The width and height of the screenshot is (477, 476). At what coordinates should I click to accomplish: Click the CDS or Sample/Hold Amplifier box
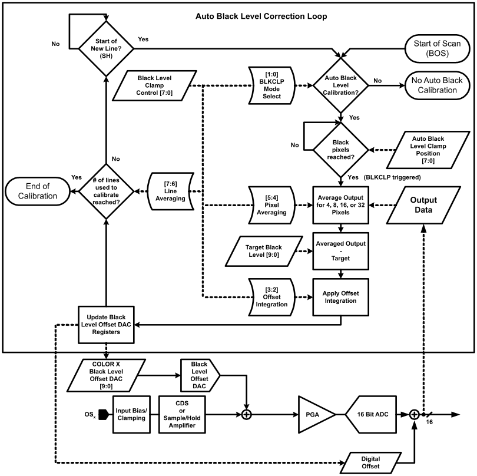182,415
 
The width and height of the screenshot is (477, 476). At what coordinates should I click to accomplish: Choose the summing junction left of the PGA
247,415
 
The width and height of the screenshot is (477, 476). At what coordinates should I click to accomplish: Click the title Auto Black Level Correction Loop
254,16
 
